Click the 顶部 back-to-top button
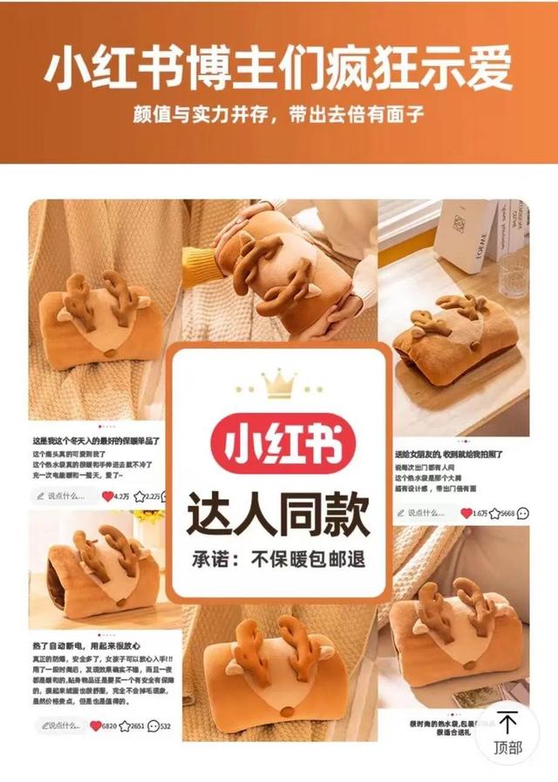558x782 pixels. (508, 731)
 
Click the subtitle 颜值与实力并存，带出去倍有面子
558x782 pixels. (279, 114)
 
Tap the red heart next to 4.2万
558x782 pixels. (108, 496)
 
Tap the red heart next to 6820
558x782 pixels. (96, 725)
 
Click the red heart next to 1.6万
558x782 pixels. (466, 513)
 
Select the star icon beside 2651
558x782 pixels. (124, 725)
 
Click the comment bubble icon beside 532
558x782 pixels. (153, 725)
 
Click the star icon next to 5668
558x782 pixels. (494, 513)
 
